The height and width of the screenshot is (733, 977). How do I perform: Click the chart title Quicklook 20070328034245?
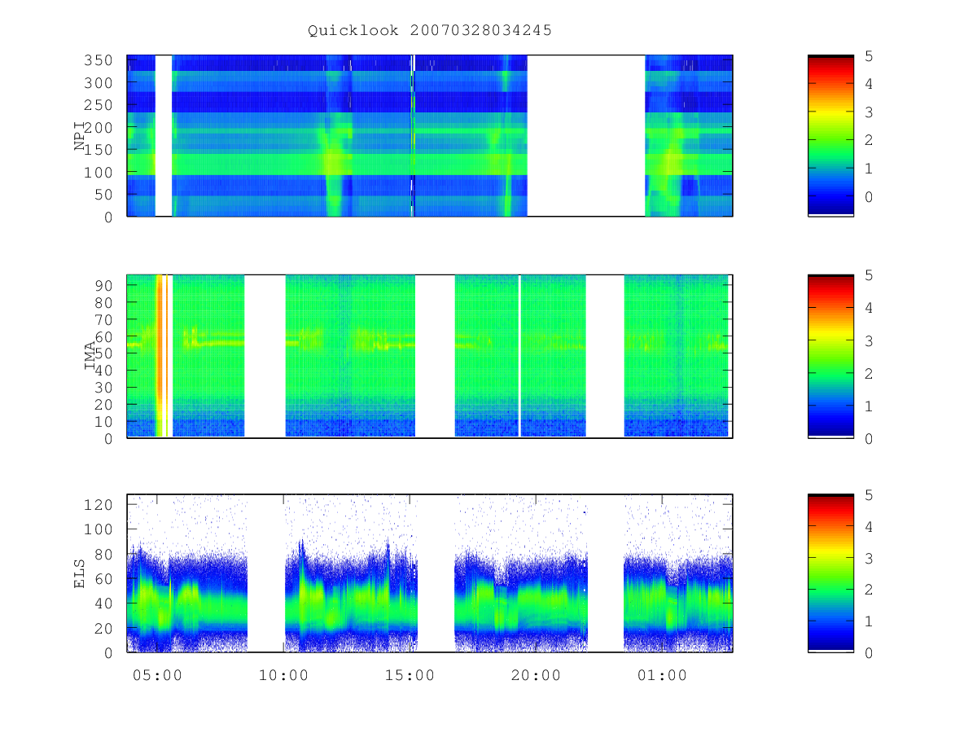pos(430,30)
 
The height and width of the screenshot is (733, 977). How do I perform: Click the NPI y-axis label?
pos(79,136)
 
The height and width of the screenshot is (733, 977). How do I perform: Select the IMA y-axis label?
pos(90,356)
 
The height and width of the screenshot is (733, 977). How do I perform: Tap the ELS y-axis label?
pos(79,573)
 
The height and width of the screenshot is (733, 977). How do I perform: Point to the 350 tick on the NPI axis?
pos(98,60)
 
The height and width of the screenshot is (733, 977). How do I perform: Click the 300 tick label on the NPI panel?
pos(98,83)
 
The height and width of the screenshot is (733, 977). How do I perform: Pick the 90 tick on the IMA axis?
pos(103,286)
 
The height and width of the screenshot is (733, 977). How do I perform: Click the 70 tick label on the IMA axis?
pos(103,319)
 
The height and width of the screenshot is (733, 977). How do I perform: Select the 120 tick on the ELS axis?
pos(98,505)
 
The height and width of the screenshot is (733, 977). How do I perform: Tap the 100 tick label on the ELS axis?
pos(98,529)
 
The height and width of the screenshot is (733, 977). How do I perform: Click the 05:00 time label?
pos(157,675)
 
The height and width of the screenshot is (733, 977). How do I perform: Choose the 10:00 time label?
pos(283,675)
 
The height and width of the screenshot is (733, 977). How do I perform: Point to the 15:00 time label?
pos(410,675)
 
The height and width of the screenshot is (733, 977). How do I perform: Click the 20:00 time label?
pos(536,675)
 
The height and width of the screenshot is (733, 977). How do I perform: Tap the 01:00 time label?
pos(662,675)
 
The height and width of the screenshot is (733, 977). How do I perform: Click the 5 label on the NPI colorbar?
pos(869,56)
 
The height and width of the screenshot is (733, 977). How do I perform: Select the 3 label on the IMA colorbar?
pos(869,341)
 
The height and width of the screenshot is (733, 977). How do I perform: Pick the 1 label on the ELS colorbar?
pos(869,621)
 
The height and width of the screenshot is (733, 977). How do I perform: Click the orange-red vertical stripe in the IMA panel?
pos(160,356)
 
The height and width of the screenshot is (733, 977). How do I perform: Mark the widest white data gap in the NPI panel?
pos(586,136)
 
